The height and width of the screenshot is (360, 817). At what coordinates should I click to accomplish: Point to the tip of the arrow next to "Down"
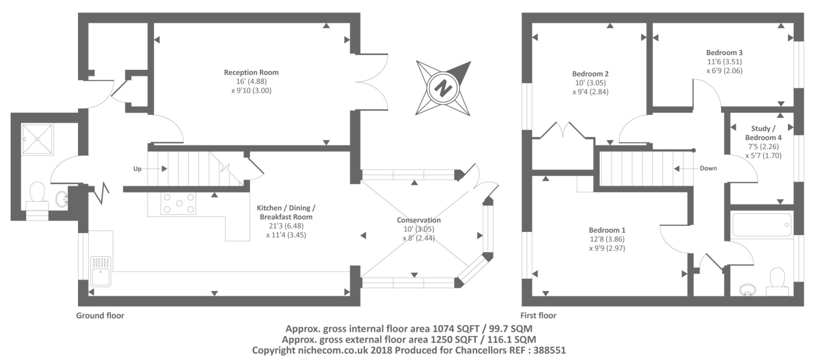click(x=674, y=169)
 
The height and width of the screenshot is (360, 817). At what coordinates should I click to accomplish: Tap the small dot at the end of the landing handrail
click(x=693, y=150)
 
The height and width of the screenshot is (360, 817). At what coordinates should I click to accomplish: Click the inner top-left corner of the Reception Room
click(x=154, y=23)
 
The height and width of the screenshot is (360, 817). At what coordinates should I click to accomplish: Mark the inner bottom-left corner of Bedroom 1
click(x=532, y=296)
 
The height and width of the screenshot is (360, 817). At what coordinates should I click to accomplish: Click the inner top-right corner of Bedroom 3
click(x=794, y=23)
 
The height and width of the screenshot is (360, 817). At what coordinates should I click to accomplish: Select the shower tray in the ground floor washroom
click(x=38, y=139)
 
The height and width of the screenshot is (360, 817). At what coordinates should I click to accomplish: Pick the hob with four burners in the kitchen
click(x=179, y=203)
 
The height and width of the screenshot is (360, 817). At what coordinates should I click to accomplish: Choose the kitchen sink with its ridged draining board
click(x=101, y=271)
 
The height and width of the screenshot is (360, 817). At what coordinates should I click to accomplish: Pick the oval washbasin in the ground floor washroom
click(x=62, y=199)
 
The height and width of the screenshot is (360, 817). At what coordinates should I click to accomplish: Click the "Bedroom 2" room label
click(x=590, y=74)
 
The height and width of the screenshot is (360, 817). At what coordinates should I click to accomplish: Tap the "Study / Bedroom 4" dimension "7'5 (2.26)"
click(x=763, y=147)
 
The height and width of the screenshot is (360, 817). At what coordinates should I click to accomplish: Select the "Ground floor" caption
click(x=100, y=316)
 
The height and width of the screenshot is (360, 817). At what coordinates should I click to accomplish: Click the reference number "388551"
click(x=549, y=350)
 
